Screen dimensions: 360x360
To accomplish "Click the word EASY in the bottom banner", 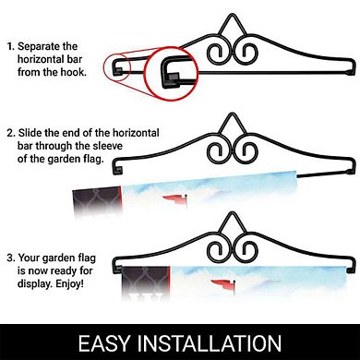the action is [104, 343].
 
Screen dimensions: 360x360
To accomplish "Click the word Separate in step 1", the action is [39, 47].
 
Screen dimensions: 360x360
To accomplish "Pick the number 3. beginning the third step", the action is [11, 258].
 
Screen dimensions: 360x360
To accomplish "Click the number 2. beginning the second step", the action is [11, 133].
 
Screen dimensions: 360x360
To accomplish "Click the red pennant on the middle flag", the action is [174, 198].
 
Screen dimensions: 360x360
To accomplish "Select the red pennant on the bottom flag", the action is [222, 282].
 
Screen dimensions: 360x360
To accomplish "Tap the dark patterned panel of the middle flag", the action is [97, 201].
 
